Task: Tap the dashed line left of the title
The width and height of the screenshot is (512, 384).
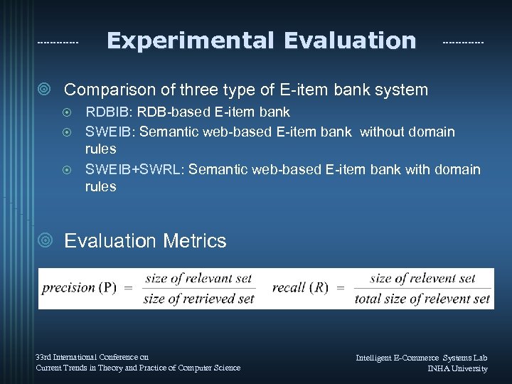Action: click(58, 43)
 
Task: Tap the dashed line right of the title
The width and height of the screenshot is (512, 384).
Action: click(463, 43)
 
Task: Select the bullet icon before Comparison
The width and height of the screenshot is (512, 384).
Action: click(45, 90)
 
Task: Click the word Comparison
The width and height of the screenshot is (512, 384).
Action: click(112, 90)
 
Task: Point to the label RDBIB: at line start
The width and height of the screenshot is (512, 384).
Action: click(108, 112)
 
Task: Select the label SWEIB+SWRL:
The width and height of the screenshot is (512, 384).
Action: click(134, 169)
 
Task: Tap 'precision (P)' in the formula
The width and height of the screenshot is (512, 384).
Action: click(79, 288)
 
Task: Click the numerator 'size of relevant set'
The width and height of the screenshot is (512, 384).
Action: click(198, 278)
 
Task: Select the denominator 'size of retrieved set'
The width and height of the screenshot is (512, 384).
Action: click(198, 299)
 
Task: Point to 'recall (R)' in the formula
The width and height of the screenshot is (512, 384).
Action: click(300, 288)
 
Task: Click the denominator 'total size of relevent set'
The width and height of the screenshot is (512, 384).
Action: click(422, 299)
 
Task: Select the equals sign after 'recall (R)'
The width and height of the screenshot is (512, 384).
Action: click(339, 288)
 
